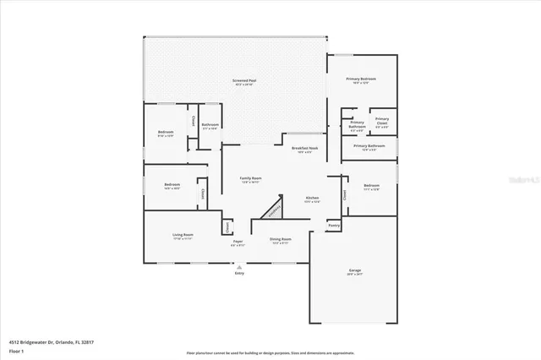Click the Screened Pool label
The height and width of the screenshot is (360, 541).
244,81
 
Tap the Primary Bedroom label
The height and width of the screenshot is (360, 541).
361,79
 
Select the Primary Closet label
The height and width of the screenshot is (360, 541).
382,120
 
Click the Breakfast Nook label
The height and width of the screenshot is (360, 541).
302,148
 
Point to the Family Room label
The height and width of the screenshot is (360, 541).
250,178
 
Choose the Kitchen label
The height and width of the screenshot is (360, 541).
312,198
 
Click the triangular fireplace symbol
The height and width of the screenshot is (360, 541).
272,210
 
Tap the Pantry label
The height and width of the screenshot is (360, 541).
334,226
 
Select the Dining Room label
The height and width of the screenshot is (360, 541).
281,240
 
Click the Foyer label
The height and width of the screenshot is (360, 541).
238,243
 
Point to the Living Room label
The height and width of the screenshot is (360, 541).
183,235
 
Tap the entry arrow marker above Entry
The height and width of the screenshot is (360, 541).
238,265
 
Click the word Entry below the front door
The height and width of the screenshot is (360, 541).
238,274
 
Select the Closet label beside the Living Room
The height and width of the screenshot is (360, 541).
228,226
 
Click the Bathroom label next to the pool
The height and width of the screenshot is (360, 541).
210,125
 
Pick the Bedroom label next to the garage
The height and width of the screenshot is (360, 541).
372,185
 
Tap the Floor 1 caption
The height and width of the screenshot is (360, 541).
16,350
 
